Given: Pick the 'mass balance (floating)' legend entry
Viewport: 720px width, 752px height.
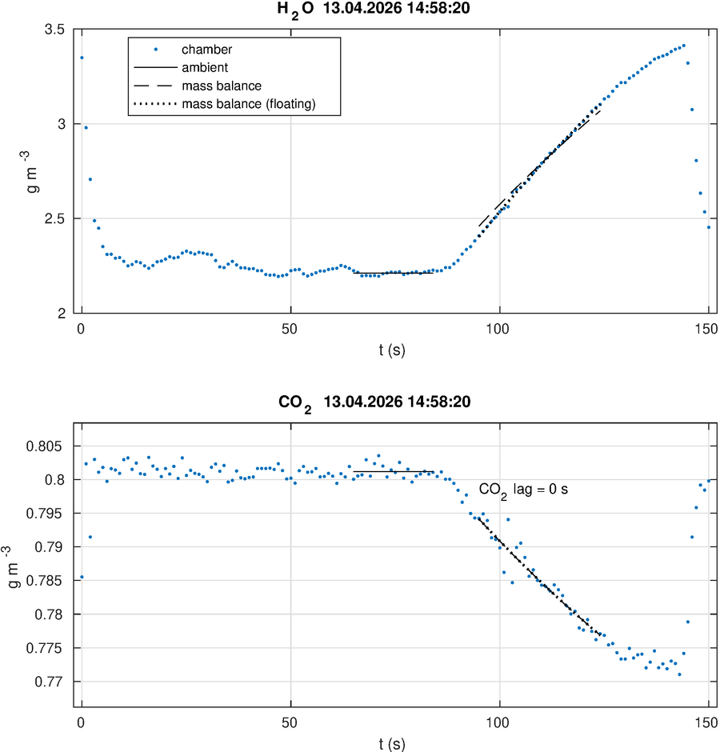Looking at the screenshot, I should pyautogui.click(x=249, y=103).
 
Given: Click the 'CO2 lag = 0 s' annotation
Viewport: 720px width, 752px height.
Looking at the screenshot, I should pyautogui.click(x=523, y=489).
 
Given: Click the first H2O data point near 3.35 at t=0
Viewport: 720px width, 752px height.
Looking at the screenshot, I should pyautogui.click(x=82, y=58).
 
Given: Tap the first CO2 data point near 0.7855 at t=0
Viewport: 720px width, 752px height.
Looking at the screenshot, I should pyautogui.click(x=82, y=577).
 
